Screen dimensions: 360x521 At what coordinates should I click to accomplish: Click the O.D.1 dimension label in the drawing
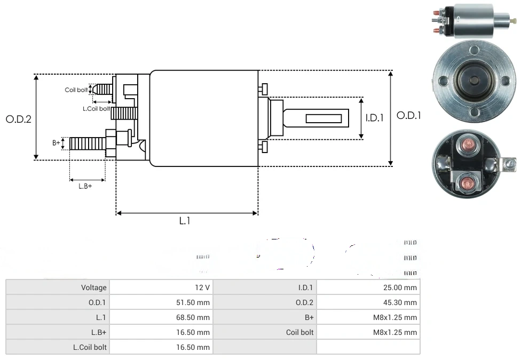tap(409, 115)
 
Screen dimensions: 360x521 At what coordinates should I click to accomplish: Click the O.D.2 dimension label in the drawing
tap(19, 119)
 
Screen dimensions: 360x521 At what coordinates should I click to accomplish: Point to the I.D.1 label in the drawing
tap(375, 118)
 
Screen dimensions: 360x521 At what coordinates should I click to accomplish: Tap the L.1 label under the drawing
tap(184, 220)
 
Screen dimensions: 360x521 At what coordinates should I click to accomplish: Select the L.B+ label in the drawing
tap(85, 186)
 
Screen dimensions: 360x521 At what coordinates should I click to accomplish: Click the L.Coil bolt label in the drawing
tap(96, 109)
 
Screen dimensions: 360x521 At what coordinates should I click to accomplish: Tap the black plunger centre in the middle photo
tap(474, 81)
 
